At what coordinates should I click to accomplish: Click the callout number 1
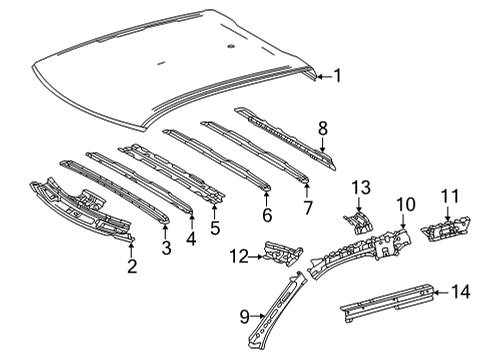337,75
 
